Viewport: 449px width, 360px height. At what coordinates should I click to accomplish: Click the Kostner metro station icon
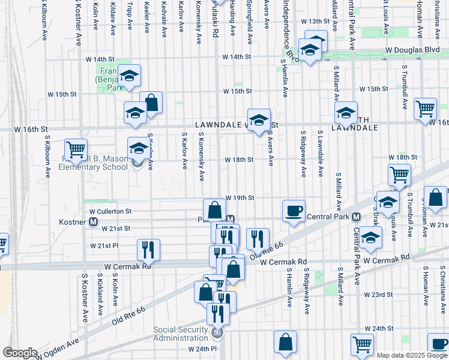[x=94, y=221]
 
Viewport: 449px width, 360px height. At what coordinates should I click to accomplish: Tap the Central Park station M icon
[x=356, y=217]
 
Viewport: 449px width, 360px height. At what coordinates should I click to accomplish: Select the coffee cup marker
[x=294, y=211]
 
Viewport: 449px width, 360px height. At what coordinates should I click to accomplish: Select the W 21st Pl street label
[x=104, y=246]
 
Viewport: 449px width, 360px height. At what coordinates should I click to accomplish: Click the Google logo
[x=20, y=353]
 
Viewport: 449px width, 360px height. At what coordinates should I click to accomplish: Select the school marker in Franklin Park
[x=129, y=76]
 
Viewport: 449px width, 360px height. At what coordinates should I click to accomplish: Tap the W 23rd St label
[x=378, y=295]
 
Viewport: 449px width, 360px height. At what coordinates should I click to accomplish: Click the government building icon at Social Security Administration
[x=217, y=332]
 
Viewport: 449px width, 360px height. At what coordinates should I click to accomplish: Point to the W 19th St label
[x=240, y=197]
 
